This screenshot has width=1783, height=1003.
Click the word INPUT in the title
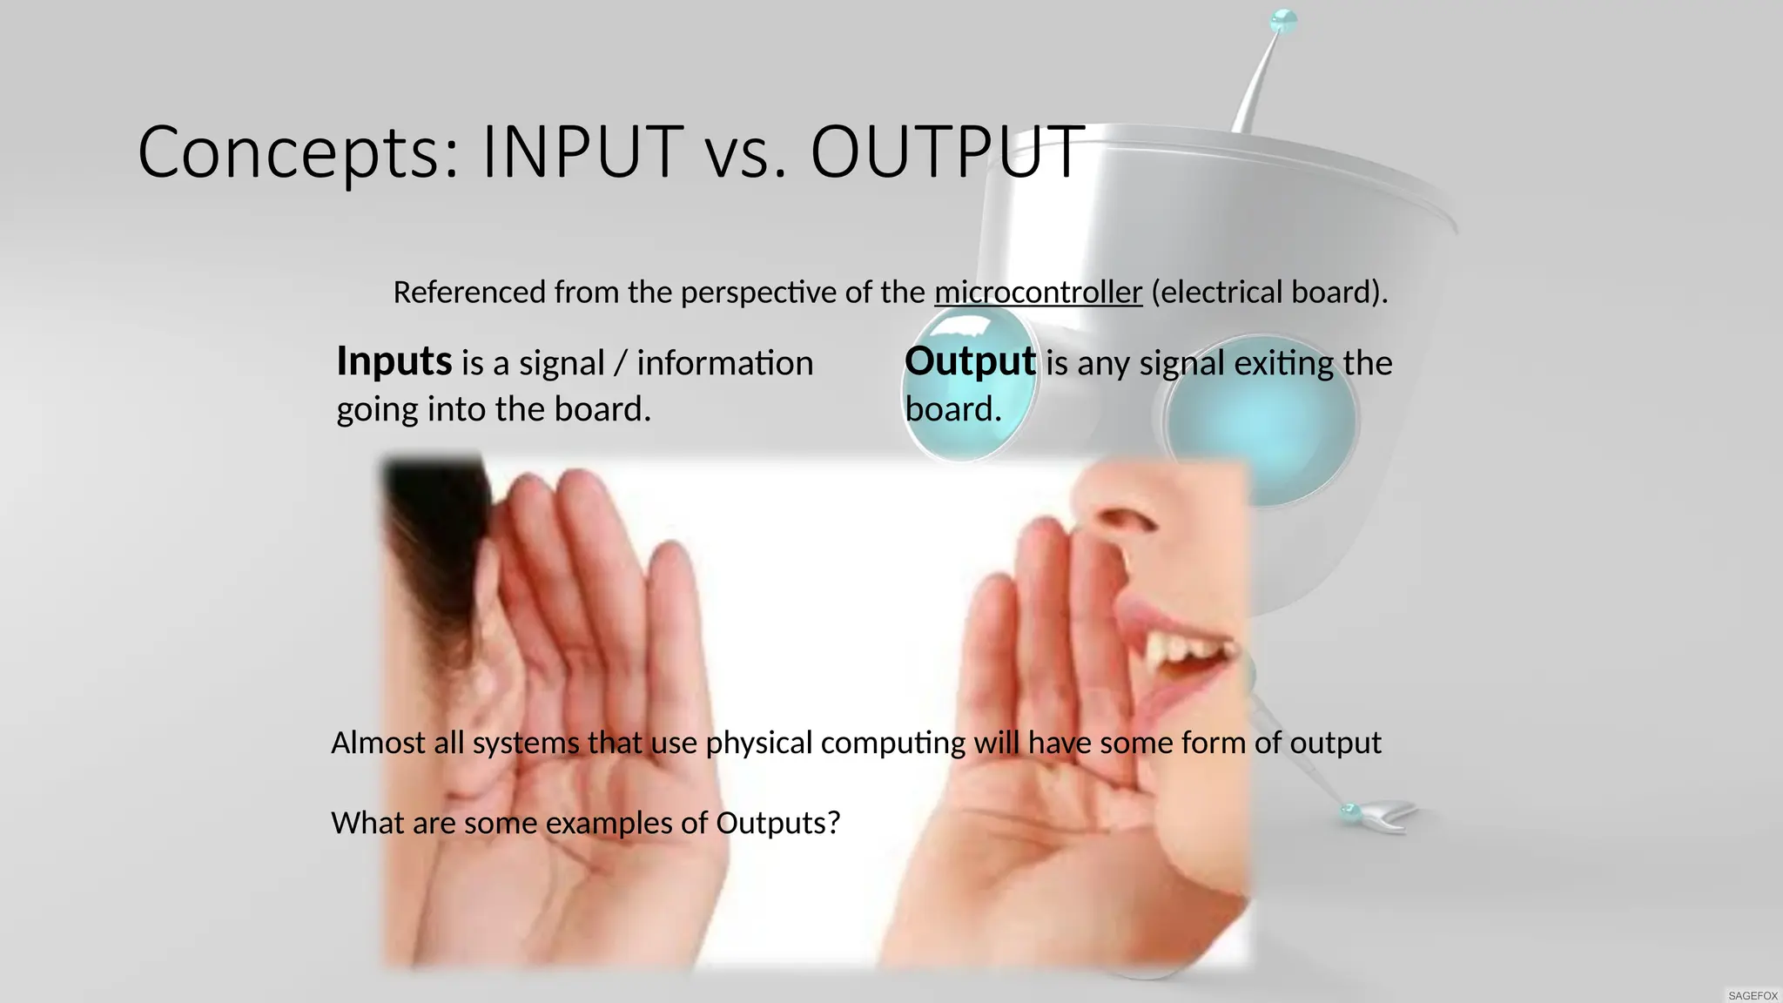[x=582, y=152]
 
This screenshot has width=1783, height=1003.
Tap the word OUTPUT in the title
[x=947, y=152]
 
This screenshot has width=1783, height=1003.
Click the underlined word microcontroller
[x=1038, y=293]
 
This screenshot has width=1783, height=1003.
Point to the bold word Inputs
[x=394, y=362]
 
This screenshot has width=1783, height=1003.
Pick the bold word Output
[x=970, y=362]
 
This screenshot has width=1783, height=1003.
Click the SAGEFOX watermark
[x=1753, y=995]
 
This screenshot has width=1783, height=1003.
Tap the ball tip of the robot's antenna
[x=1284, y=21]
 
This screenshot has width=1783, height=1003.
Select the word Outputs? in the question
[x=777, y=823]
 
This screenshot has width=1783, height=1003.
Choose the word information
[x=724, y=364]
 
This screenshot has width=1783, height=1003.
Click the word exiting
[x=1283, y=364]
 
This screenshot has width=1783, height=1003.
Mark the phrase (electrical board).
[x=1269, y=293]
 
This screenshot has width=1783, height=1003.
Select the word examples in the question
[x=609, y=824]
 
